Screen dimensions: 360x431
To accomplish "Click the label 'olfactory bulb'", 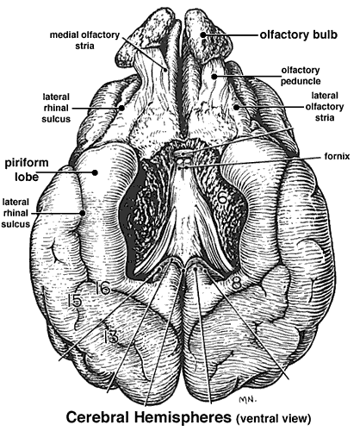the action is [x=299, y=34].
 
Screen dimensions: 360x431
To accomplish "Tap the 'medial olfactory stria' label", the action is [x=84, y=41].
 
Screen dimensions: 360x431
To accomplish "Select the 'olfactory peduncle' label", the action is [x=301, y=76].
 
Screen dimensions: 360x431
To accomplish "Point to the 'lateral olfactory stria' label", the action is [x=325, y=107].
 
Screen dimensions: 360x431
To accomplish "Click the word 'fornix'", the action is [x=338, y=156].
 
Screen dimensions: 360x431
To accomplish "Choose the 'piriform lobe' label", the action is [x=27, y=169].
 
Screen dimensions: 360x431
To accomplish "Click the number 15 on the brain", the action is [x=75, y=301].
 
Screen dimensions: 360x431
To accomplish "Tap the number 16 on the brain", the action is [x=102, y=288].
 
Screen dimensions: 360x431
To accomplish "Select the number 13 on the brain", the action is [x=110, y=336].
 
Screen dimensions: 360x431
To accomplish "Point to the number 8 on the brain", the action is [x=236, y=284].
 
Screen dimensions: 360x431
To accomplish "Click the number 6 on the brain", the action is [x=223, y=197].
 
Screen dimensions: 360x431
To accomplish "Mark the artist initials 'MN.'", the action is [x=247, y=399].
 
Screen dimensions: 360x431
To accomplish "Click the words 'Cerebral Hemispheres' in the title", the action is [x=149, y=417].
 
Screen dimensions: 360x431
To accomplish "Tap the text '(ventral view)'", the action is [x=273, y=419].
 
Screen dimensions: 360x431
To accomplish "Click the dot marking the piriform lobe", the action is [x=95, y=172].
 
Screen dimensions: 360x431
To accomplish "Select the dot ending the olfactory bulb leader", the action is [x=203, y=34].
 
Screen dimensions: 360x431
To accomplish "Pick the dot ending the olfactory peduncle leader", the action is [x=214, y=76].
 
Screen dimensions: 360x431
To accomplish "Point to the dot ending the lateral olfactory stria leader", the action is [x=236, y=107].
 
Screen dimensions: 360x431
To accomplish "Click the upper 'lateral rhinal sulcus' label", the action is [x=56, y=108].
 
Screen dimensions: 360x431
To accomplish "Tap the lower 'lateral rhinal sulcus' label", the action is [x=16, y=213].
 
